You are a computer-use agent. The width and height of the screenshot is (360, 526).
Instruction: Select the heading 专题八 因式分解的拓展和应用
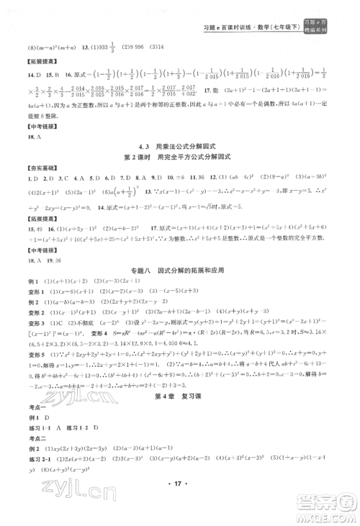coord(179,268)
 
